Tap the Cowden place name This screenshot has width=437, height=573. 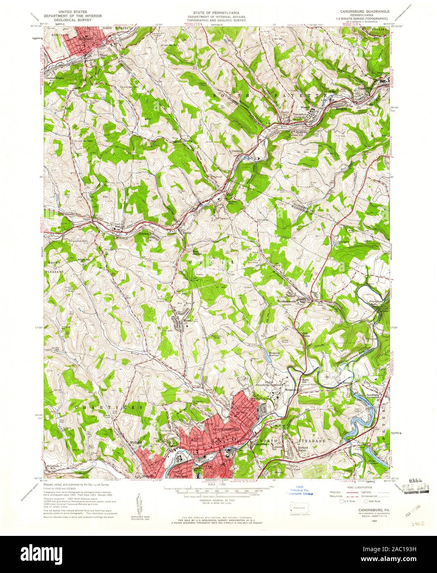coord(155,232)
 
